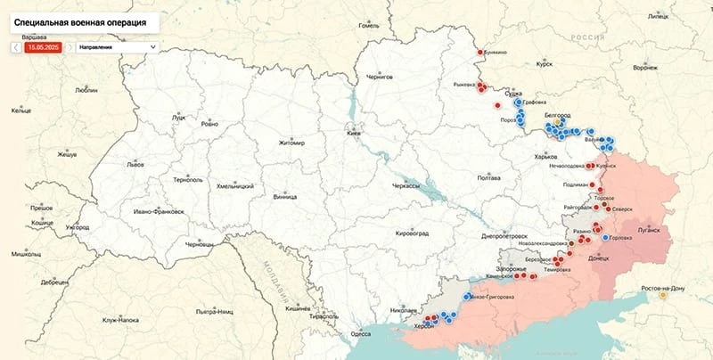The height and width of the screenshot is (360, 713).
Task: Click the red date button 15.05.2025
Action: point(42,46)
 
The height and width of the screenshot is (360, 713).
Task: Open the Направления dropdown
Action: point(117,46)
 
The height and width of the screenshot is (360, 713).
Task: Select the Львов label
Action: point(135,165)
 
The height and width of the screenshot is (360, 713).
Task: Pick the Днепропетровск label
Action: point(505,236)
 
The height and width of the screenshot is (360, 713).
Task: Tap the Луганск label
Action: point(648,229)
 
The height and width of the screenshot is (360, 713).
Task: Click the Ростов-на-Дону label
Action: point(663,289)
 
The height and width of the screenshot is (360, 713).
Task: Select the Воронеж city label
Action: point(644,68)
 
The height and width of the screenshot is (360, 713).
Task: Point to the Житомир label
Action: point(291,143)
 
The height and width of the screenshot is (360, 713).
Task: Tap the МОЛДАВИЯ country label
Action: point(278,282)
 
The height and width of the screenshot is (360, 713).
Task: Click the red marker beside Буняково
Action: point(478,53)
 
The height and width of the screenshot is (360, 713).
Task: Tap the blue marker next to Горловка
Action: point(605,237)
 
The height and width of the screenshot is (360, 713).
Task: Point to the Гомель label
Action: point(369,26)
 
